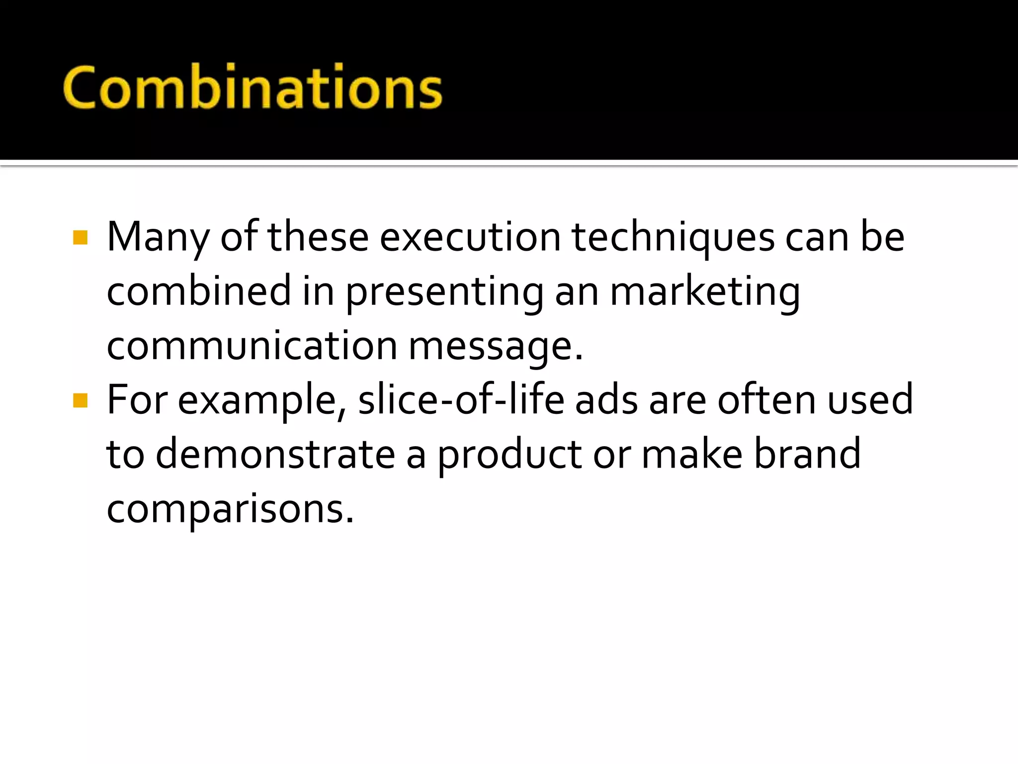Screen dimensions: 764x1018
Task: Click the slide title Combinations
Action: [x=253, y=87]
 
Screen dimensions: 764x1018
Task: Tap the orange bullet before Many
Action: [x=80, y=238]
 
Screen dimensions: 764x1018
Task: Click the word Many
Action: [x=158, y=238]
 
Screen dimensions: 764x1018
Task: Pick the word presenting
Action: [x=444, y=292]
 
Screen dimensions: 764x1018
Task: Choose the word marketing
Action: [x=705, y=292]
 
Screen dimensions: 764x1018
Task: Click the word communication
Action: [x=252, y=346]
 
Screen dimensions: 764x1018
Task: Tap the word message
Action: [x=495, y=347]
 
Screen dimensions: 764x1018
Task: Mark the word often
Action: [x=767, y=400]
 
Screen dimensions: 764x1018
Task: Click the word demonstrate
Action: [x=275, y=455]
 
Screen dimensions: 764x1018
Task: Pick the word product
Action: [x=509, y=455]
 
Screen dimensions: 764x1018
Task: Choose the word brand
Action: [x=807, y=455]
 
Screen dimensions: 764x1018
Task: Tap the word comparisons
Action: [x=230, y=509]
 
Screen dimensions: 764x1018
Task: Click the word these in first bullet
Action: [x=318, y=238]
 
